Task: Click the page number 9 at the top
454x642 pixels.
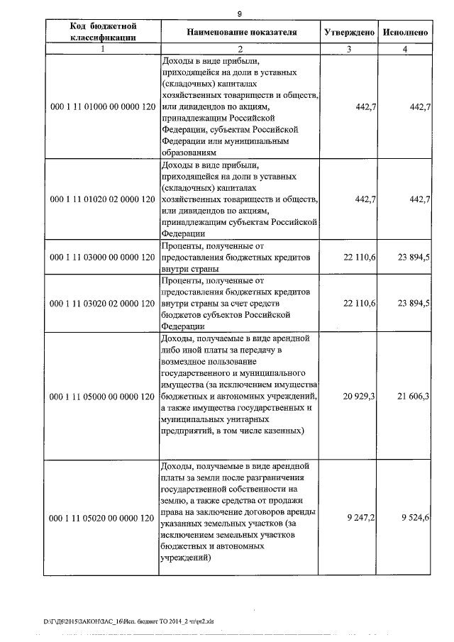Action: click(x=240, y=14)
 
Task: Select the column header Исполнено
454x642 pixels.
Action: click(x=404, y=33)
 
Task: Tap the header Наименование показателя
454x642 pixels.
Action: click(x=241, y=33)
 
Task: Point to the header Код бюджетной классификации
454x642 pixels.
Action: click(x=103, y=33)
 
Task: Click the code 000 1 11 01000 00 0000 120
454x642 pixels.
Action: click(x=103, y=106)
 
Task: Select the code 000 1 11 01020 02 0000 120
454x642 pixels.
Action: click(x=103, y=200)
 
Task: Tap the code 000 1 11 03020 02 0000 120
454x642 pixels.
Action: click(x=103, y=303)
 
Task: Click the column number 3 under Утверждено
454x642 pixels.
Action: click(x=348, y=50)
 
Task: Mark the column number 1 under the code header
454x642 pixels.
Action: click(x=103, y=50)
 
